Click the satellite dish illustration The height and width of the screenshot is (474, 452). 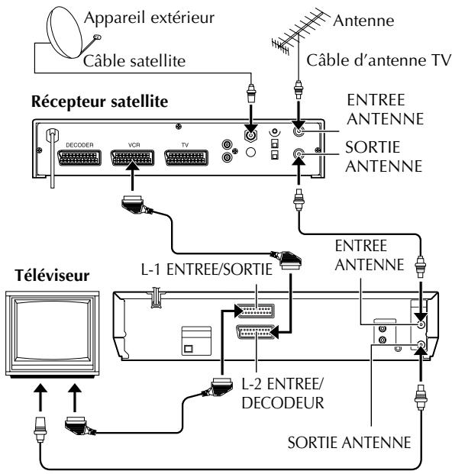tap(67, 34)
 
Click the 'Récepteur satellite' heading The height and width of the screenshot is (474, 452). tap(99, 102)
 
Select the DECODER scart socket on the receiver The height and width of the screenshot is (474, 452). tap(79, 157)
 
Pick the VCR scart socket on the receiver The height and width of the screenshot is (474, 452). tap(132, 157)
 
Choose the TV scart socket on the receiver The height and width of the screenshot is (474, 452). tap(186, 157)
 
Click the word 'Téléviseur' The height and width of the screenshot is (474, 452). tap(52, 276)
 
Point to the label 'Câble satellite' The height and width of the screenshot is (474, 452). tap(134, 61)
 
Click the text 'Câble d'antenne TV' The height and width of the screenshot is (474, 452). tap(379, 60)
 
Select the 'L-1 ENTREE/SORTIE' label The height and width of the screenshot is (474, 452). tap(207, 269)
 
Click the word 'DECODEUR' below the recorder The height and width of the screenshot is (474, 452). tap(283, 403)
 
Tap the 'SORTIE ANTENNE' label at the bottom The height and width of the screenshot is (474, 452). tap(349, 443)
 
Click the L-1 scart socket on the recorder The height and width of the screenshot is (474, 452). tap(256, 311)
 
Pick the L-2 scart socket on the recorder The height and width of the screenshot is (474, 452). tap(256, 332)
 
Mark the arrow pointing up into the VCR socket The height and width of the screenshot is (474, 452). tap(132, 176)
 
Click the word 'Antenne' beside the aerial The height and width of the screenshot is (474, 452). tap(363, 21)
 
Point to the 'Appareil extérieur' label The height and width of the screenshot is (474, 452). tap(150, 18)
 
